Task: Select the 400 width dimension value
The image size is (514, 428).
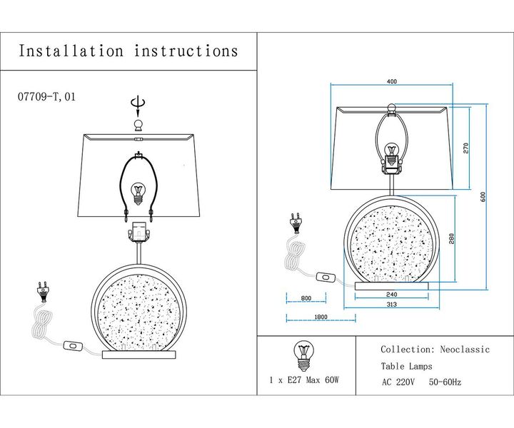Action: pos(390,82)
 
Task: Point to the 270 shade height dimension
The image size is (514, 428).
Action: pos(465,148)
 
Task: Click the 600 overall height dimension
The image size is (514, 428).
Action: pos(483,198)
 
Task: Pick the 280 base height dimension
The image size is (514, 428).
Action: pos(452,239)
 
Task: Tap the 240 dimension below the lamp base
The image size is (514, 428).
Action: pos(391,294)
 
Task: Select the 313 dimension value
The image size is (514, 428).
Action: pos(391,305)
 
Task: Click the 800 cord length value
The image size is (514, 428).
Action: pos(306,298)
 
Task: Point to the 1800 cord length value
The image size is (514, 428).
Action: pos(321,317)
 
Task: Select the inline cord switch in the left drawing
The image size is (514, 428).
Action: pos(73,346)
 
